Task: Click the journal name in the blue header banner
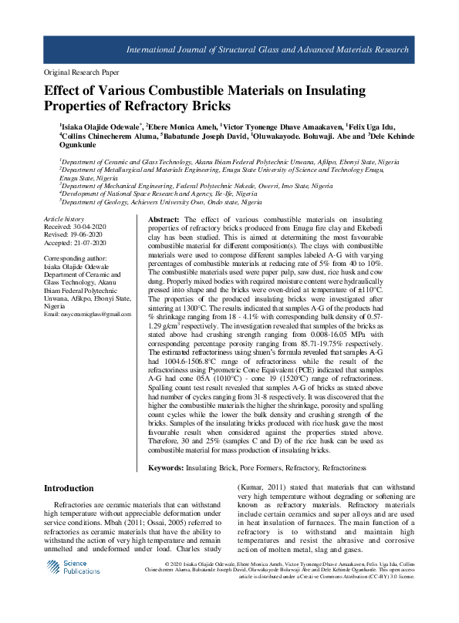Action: [x=268, y=49]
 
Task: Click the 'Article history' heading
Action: [x=63, y=220]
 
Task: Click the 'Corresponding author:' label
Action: [x=76, y=258]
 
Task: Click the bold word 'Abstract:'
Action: [x=164, y=221]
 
